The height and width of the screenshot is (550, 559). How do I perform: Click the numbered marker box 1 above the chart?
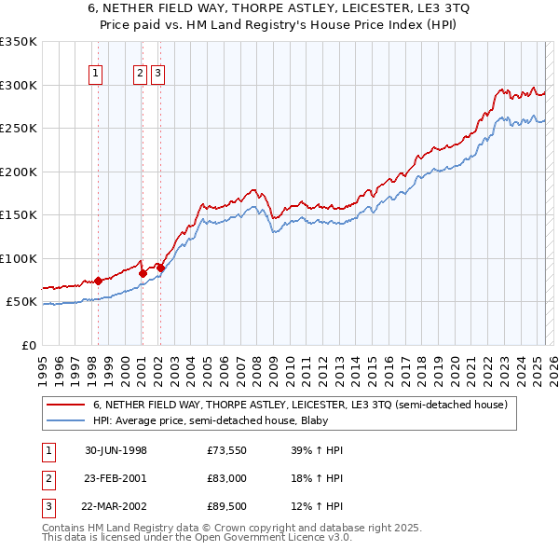97,74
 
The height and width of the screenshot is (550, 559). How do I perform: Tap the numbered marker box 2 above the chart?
140,74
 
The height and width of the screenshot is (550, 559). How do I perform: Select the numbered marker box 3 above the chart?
158,74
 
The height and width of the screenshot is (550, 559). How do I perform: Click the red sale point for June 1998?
99,281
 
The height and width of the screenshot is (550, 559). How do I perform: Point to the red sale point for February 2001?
142,273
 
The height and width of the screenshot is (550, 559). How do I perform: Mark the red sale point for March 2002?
160,268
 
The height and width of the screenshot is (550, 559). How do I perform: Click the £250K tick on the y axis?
19,129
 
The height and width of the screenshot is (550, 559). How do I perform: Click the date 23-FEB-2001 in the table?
116,479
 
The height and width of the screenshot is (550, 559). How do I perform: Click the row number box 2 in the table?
48,479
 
